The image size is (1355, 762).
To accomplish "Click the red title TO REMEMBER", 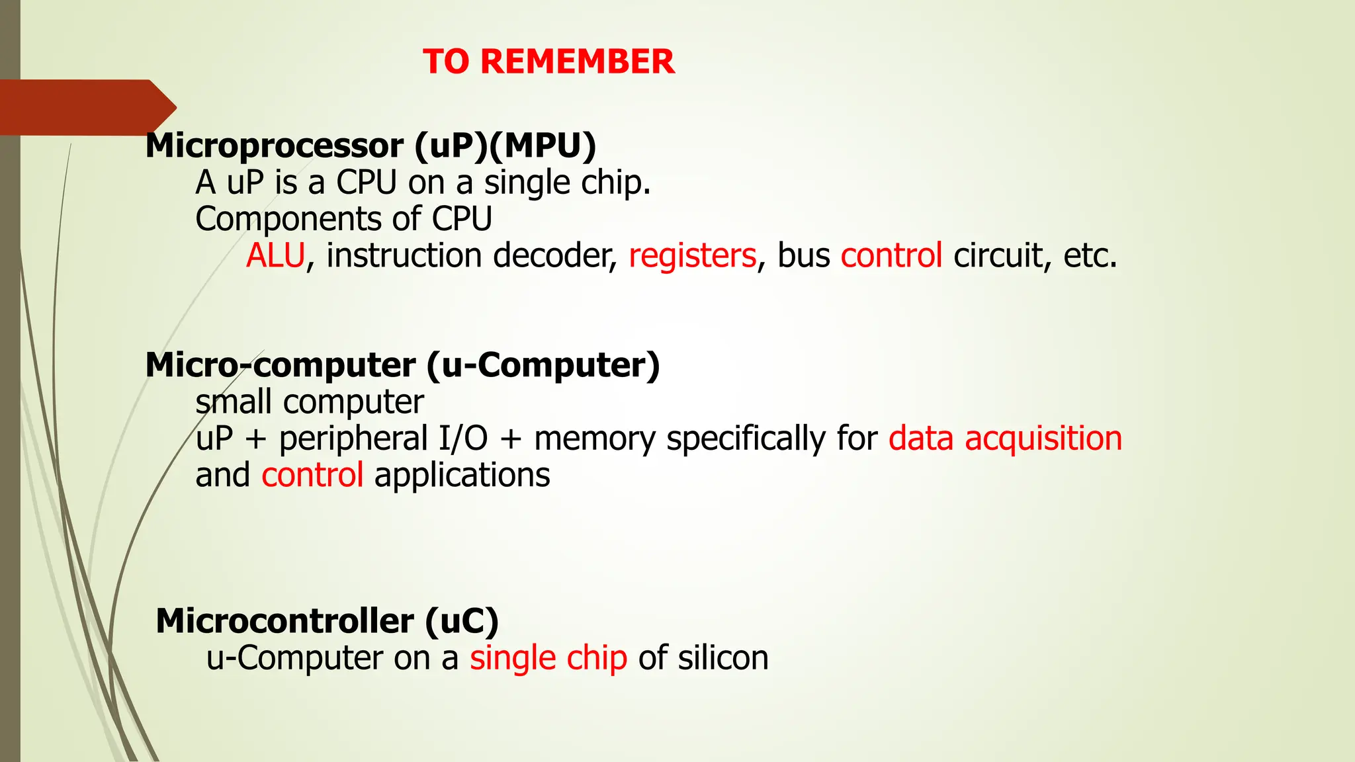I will click(548, 62).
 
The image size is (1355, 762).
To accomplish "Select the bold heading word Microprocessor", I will click(275, 146).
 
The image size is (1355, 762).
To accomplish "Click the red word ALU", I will click(275, 255).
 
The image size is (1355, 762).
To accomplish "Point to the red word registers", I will click(692, 255).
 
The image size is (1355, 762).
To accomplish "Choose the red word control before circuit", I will click(891, 255).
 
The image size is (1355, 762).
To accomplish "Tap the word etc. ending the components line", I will click(1090, 255).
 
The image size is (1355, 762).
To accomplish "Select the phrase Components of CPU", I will click(343, 219).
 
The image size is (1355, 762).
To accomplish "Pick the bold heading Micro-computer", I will click(281, 365).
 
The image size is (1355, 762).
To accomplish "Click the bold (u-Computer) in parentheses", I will click(543, 365).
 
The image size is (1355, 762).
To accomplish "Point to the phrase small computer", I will click(310, 402).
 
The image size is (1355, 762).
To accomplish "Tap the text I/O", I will click(463, 439).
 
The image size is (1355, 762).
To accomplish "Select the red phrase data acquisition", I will click(1005, 439).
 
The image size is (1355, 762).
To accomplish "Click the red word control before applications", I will click(312, 475).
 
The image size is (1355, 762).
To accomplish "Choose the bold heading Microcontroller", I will click(284, 621).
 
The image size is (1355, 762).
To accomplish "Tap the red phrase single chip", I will click(548, 658).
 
